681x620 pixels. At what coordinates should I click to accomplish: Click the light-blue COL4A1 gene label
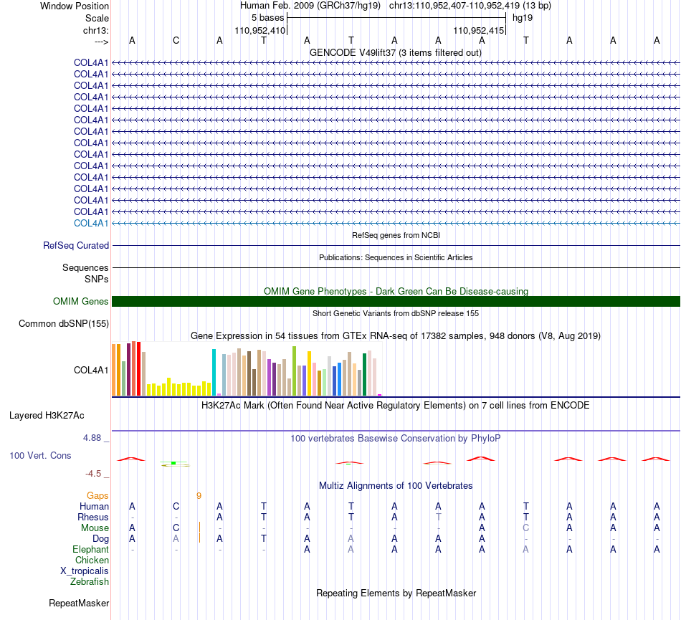tap(91, 223)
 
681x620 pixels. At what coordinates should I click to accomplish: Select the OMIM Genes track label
tap(80, 301)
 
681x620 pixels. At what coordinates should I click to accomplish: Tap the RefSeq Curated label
tap(76, 245)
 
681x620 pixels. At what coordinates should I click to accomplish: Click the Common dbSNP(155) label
tap(64, 323)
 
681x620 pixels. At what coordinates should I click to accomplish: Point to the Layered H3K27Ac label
tap(47, 416)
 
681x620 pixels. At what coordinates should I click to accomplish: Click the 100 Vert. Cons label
tap(40, 455)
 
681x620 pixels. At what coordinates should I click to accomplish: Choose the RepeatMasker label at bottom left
tap(79, 603)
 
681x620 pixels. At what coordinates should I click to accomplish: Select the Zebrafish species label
tap(90, 582)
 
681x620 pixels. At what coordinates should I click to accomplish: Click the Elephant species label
tap(90, 550)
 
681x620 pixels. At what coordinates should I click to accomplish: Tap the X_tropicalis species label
tap(85, 571)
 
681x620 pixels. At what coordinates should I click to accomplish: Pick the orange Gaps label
tap(97, 496)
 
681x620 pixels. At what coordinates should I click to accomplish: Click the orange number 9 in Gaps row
tap(199, 496)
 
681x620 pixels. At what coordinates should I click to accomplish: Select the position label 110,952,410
tap(259, 30)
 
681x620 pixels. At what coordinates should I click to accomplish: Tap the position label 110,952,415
tap(479, 30)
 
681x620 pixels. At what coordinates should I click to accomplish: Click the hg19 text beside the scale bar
tap(523, 18)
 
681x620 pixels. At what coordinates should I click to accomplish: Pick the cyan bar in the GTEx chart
tap(214, 372)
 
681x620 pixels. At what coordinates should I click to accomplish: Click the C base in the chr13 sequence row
tap(176, 40)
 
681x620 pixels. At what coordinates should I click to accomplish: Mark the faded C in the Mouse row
tap(526, 528)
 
